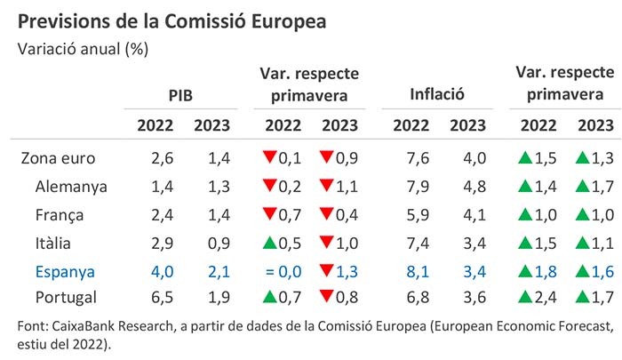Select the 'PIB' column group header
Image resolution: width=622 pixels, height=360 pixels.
[x=181, y=93]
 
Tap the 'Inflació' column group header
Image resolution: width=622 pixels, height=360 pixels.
[x=438, y=93]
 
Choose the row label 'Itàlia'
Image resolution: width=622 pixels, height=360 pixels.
[x=56, y=243]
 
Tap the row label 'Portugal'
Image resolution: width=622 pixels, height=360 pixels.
[x=68, y=298]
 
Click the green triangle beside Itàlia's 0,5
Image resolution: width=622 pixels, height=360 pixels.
[x=268, y=243]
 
